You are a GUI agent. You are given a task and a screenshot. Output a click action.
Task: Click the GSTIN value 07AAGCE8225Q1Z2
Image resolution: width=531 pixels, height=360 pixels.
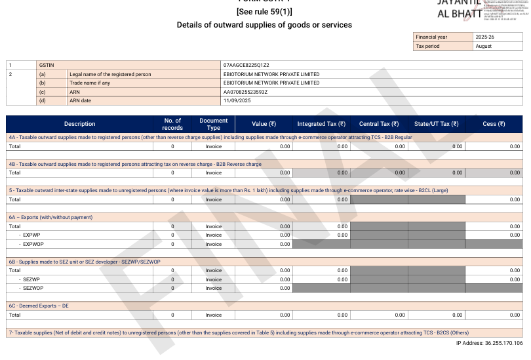pyautogui.click(x=246, y=66)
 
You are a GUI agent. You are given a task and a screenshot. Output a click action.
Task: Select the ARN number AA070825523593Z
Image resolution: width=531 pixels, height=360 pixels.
pyautogui.click(x=245, y=92)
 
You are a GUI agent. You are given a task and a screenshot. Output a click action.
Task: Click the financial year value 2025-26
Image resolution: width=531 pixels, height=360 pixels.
pyautogui.click(x=485, y=37)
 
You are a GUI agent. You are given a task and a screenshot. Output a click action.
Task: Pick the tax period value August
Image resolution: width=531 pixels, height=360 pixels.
pyautogui.click(x=483, y=46)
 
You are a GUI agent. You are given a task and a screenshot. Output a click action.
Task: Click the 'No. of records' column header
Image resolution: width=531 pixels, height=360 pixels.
pyautogui.click(x=172, y=124)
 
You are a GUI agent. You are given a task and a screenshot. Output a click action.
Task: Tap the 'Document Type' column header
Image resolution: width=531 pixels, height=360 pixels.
pyautogui.click(x=214, y=124)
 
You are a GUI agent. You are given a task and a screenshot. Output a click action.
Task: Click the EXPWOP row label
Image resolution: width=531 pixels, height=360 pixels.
pyautogui.click(x=32, y=244)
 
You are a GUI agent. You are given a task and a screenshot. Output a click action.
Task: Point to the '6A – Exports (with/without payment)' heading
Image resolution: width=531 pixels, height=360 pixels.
pyautogui.click(x=50, y=217)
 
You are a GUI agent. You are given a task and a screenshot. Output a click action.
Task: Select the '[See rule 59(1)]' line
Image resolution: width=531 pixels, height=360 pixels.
pyautogui.click(x=264, y=11)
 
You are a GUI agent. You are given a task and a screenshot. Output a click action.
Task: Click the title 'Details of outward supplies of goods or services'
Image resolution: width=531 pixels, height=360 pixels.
pyautogui.click(x=264, y=25)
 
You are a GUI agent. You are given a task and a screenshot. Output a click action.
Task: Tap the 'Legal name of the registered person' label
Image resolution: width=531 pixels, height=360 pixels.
pyautogui.click(x=110, y=74)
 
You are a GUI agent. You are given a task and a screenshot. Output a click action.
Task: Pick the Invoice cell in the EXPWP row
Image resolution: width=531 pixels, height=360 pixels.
pyautogui.click(x=214, y=235)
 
